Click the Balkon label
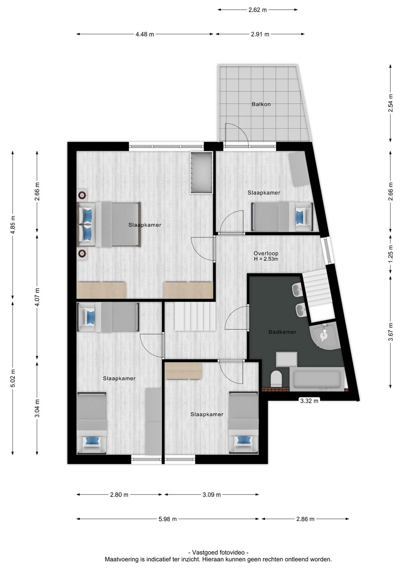pos(261,104)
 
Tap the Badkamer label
pos(282,332)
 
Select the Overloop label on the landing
pos(266,253)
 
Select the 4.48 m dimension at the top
pos(144,34)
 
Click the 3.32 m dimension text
pos(309,401)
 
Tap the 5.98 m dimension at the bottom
pos(167,519)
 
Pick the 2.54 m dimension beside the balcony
pos(391,102)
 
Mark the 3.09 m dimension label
pos(211,495)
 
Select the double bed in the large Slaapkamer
pos(109,224)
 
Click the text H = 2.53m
pos(266,259)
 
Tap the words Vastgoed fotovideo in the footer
pos(218,552)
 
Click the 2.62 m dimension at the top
pos(257,10)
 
